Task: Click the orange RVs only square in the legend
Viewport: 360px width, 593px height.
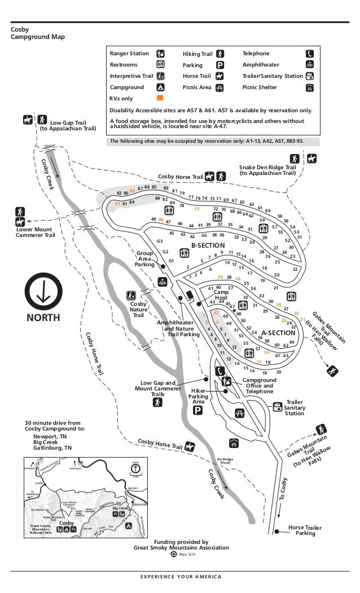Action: point(160,98)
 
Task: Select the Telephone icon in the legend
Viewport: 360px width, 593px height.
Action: point(310,54)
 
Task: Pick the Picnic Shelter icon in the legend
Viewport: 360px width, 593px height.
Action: point(310,88)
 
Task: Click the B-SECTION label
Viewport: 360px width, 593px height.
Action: point(208,246)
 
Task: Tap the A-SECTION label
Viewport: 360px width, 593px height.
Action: point(278,333)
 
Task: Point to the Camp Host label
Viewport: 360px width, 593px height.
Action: point(221,295)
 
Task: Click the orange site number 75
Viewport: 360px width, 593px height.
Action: point(197,209)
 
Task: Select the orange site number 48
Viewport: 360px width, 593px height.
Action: point(161,219)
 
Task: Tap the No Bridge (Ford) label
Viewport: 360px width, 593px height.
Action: point(225,461)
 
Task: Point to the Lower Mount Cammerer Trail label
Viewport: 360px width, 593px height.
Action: point(35,232)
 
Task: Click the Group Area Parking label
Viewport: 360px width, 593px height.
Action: point(144,259)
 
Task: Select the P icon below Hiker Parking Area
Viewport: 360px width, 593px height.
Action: point(197,410)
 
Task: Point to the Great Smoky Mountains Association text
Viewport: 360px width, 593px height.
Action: point(181,547)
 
